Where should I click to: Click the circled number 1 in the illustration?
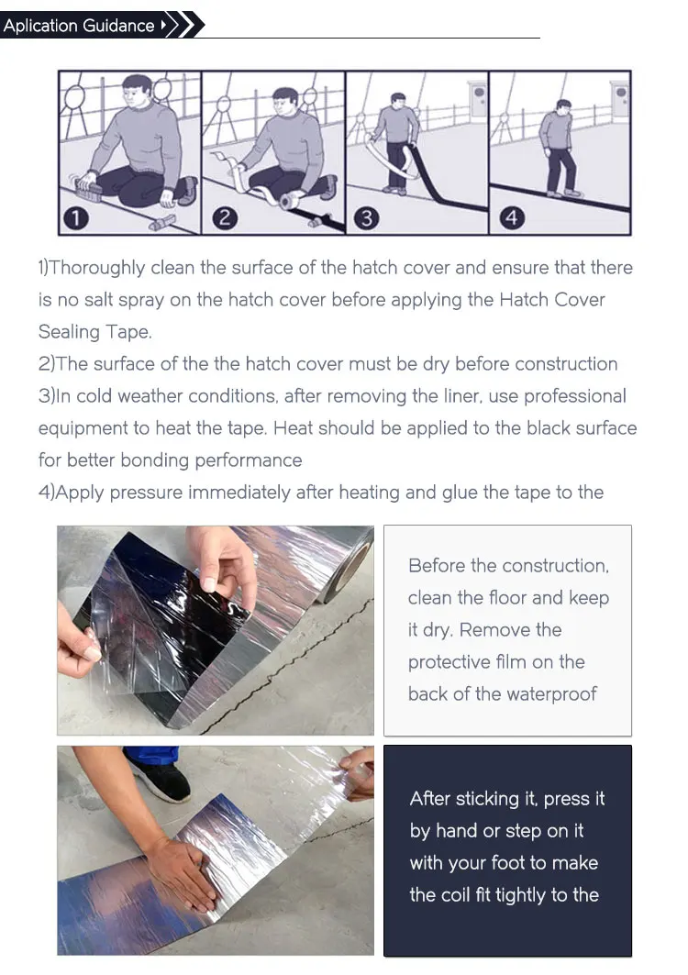tap(76, 218)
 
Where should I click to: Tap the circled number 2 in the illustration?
tap(225, 218)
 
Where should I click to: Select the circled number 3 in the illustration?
tap(366, 218)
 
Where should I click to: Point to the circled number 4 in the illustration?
tap(511, 218)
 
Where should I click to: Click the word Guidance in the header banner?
tap(118, 26)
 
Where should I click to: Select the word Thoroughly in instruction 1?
tap(97, 268)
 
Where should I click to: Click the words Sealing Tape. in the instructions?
tap(95, 332)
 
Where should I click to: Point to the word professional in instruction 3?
tap(575, 397)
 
